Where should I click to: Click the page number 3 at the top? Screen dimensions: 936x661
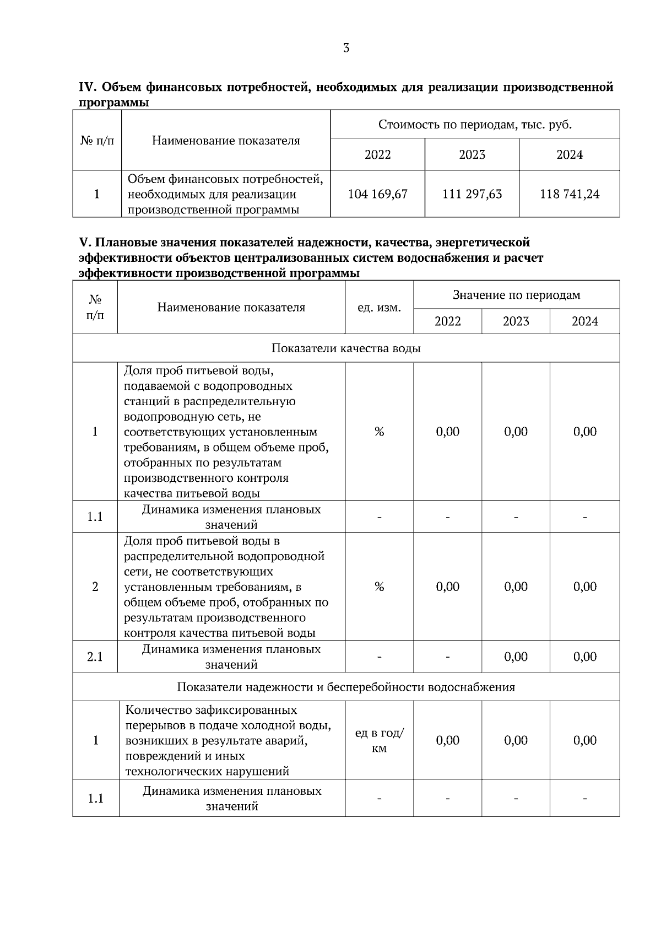pyautogui.click(x=346, y=48)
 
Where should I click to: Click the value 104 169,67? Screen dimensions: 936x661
pyautogui.click(x=377, y=194)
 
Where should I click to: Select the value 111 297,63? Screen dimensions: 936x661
pyautogui.click(x=472, y=194)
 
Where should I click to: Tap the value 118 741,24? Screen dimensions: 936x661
pyautogui.click(x=570, y=194)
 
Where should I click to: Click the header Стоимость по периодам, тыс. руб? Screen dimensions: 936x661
pyautogui.click(x=475, y=125)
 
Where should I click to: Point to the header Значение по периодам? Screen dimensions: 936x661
pyautogui.click(x=516, y=295)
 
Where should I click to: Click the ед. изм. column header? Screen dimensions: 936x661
pyautogui.click(x=379, y=308)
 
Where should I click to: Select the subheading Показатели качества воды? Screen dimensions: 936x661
pyautogui.click(x=346, y=348)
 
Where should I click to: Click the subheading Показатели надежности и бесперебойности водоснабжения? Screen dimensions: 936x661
pyautogui.click(x=346, y=687)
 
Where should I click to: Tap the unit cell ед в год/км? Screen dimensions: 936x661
pyautogui.click(x=379, y=740)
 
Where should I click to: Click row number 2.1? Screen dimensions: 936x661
pyautogui.click(x=95, y=657)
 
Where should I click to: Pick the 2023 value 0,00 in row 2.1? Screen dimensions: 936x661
pyautogui.click(x=516, y=657)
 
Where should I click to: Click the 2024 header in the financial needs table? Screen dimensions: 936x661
pyautogui.click(x=570, y=154)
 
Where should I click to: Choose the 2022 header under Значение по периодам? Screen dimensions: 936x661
pyautogui.click(x=447, y=321)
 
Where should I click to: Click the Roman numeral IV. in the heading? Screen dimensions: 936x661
pyautogui.click(x=88, y=87)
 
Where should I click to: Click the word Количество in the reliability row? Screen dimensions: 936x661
pyautogui.click(x=156, y=710)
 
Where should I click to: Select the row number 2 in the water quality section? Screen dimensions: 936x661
pyautogui.click(x=95, y=587)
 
